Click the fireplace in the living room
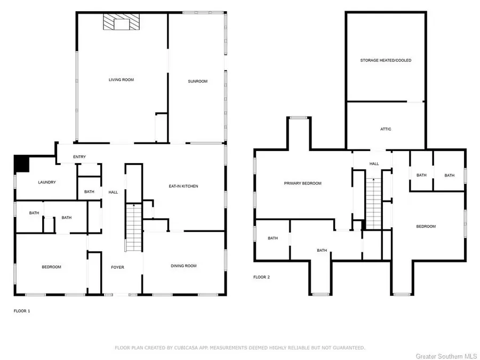coord(123,23)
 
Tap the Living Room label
coord(121,80)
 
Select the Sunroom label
coord(197,81)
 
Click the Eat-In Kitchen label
coord(183,186)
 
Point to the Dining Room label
coord(183,266)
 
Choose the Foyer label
coord(117,267)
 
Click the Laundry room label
coord(47,182)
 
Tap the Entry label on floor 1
coord(79,157)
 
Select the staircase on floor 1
coord(134,227)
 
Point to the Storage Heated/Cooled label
coord(386,61)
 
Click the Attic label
coord(386,129)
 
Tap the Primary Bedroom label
coord(302,183)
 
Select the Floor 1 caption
coord(22,310)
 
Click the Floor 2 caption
coord(261,277)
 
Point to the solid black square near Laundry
coord(21,163)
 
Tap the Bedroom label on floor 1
coord(52,267)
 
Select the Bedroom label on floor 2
coord(426,227)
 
